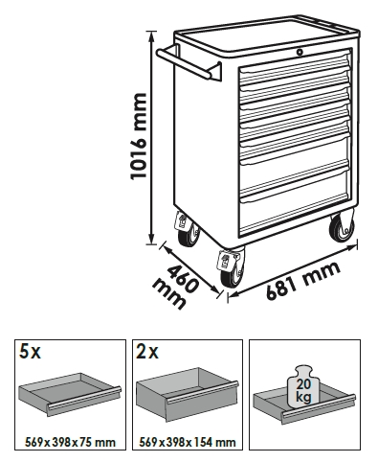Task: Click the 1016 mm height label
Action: pos(139,136)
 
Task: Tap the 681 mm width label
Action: pos(303,281)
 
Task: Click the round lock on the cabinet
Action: pos(300,52)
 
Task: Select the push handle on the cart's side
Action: pos(189,63)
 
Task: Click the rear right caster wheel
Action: pos(342,226)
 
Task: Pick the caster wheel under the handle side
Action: pos(188,231)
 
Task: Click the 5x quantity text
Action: pos(30,352)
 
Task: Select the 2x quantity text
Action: pos(146,352)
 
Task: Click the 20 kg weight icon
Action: pos(302,386)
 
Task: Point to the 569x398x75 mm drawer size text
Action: pos(70,443)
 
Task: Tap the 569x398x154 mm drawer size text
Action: pos(188,443)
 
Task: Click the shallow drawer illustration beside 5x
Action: pos(70,394)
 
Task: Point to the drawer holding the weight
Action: pos(304,405)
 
